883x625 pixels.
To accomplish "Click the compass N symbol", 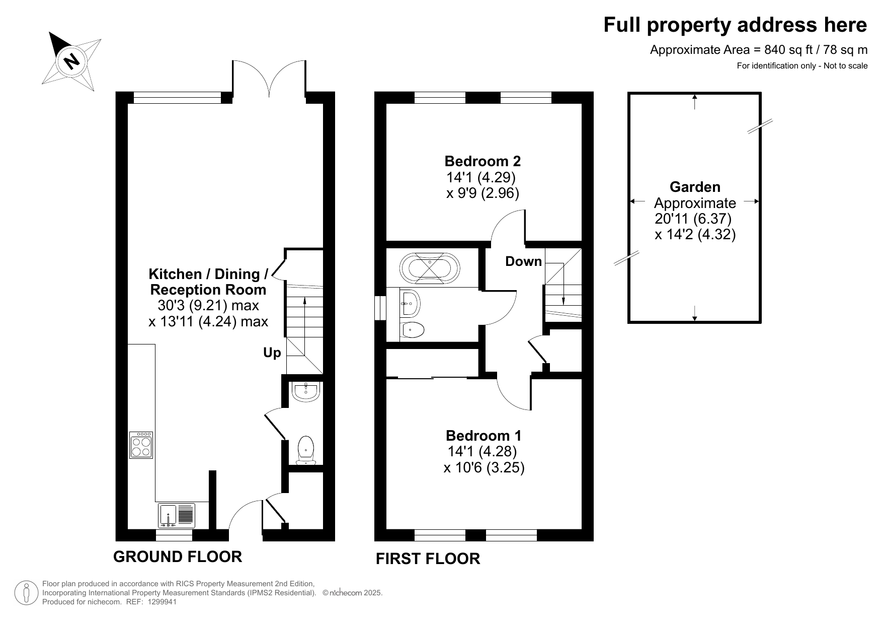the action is tap(71, 61).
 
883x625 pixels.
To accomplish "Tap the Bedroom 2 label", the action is tap(483, 161).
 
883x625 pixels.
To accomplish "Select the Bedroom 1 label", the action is tap(484, 435).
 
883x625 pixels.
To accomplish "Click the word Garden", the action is tap(695, 187).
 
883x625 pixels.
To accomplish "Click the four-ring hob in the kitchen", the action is tap(141, 445).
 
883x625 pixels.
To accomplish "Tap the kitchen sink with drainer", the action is tap(176, 515).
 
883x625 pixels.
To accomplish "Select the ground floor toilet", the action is tap(306, 450).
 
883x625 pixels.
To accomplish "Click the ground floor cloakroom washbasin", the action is tap(306, 392).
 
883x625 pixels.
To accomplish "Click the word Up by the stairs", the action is tap(272, 353).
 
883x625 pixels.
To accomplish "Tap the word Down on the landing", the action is tap(524, 261).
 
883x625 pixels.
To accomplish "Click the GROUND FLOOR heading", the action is tap(178, 557).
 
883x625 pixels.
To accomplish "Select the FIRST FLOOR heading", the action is tap(428, 559).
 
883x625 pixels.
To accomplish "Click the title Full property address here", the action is tap(736, 25).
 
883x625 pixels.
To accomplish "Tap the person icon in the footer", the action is tap(26, 593).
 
